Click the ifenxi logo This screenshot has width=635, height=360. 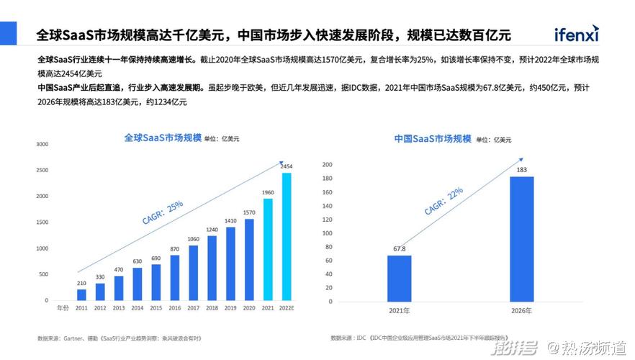[x=576, y=34]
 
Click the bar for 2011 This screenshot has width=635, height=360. [x=81, y=294]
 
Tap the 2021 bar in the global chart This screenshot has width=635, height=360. [x=268, y=249]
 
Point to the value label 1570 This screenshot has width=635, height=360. [x=249, y=212]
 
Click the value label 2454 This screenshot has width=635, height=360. [x=287, y=166]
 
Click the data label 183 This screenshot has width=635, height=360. [x=522, y=170]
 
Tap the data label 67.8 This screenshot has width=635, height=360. [x=399, y=249]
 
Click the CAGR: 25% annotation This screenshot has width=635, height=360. [x=163, y=213]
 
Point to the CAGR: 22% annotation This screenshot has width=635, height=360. [x=443, y=202]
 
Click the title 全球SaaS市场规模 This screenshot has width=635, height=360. [x=162, y=137]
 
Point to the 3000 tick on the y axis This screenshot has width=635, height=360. [x=42, y=144]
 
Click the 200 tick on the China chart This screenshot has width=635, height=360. [x=326, y=165]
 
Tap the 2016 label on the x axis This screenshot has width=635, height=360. [x=174, y=307]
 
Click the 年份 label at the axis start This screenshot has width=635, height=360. [x=63, y=307]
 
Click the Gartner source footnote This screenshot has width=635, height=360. [x=118, y=337]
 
